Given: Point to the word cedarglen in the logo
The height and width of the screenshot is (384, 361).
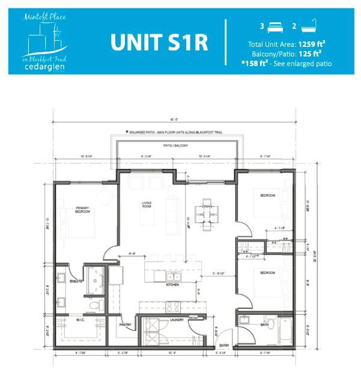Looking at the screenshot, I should click(x=43, y=67).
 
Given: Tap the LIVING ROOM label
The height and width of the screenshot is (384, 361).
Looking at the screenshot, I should click(x=147, y=205).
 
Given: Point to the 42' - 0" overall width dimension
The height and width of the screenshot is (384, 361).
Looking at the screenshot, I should click(x=174, y=118).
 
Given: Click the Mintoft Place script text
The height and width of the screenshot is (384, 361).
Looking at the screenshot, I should click(x=43, y=19).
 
